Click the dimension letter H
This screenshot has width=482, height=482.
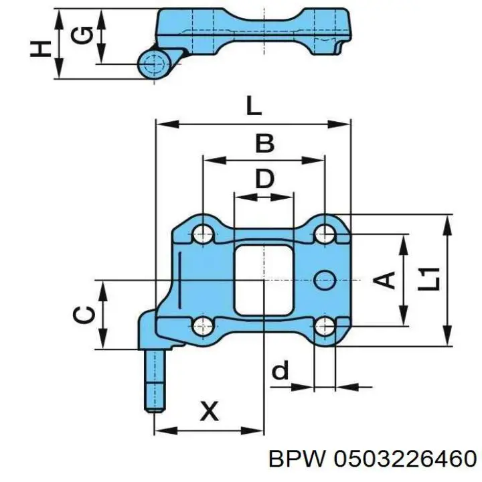[41, 49]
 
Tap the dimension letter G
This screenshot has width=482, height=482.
[81, 35]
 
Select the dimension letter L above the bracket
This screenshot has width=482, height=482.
[254, 106]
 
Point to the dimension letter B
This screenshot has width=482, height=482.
[264, 143]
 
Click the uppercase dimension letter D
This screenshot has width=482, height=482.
[264, 179]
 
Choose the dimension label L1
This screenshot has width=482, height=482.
[429, 279]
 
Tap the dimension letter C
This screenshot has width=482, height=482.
[84, 315]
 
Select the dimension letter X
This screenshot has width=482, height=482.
[210, 410]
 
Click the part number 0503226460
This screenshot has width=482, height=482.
[405, 459]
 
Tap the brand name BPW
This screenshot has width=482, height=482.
[297, 459]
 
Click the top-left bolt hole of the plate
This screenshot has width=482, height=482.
[203, 234]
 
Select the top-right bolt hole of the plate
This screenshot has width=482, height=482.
[325, 234]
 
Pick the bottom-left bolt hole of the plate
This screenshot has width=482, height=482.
[203, 326]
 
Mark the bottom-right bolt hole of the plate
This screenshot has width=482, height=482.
[325, 326]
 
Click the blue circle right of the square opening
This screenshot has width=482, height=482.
[325, 280]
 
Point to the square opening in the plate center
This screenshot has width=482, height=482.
[264, 280]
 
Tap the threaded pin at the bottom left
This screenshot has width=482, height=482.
[155, 381]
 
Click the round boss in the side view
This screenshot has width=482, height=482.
[155, 64]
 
